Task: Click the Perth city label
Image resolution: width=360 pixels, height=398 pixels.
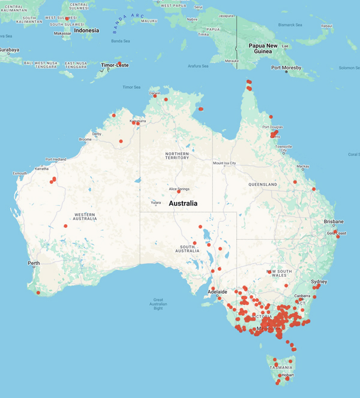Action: [34, 263]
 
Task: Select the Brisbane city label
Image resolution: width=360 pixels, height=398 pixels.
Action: [333, 221]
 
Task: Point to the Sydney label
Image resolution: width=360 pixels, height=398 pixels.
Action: [319, 281]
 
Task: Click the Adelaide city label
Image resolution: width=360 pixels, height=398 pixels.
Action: [217, 292]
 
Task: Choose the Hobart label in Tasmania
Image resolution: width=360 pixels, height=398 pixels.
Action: [287, 375]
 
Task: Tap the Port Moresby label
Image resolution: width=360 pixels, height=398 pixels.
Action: [287, 68]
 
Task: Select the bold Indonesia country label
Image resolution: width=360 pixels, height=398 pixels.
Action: [86, 30]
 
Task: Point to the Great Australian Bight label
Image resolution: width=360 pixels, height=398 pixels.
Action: [158, 304]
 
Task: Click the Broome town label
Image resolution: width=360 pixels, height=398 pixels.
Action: [85, 139]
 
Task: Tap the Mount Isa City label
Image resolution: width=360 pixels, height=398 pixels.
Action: [224, 163]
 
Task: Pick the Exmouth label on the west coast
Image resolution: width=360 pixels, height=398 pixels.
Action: [20, 173]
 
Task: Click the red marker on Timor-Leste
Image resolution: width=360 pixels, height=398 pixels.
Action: [119, 64]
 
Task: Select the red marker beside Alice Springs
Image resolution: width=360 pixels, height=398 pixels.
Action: [179, 192]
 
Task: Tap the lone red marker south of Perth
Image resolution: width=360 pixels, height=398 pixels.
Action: [38, 293]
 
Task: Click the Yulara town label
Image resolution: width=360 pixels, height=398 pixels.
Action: [155, 203]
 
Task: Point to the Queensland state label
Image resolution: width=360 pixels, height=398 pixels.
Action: [263, 185]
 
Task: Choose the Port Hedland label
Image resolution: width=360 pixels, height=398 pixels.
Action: [56, 159]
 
